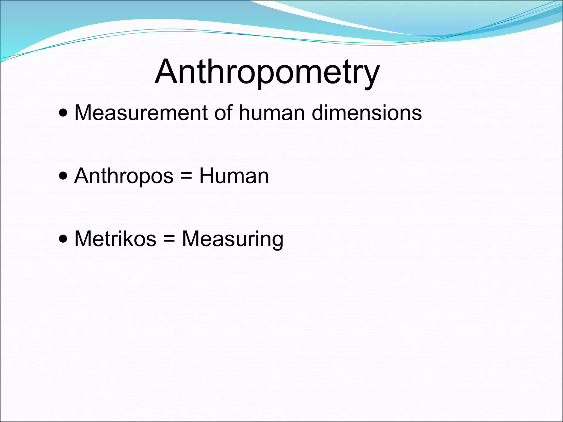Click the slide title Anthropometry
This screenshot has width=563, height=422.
tap(267, 72)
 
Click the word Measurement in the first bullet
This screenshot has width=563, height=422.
tap(141, 113)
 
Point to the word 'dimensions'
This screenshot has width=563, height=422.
tap(367, 113)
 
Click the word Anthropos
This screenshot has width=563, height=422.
tap(124, 176)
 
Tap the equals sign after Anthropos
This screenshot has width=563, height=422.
tap(186, 176)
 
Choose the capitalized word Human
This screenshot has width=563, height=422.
tap(234, 176)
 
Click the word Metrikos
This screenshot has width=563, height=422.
tap(115, 239)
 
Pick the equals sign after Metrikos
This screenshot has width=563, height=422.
tap(169, 239)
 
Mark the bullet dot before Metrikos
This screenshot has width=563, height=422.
tap(63, 239)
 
